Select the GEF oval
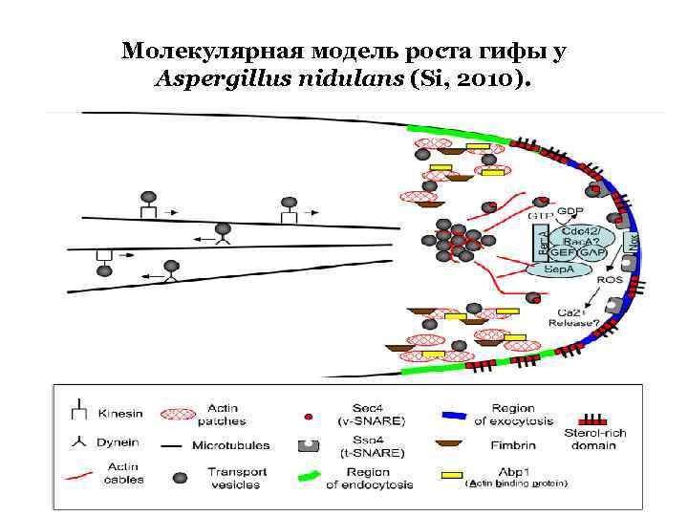[x=561, y=253]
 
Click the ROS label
[x=610, y=280]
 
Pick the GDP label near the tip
[x=570, y=210]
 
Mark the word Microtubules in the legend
[x=230, y=445]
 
